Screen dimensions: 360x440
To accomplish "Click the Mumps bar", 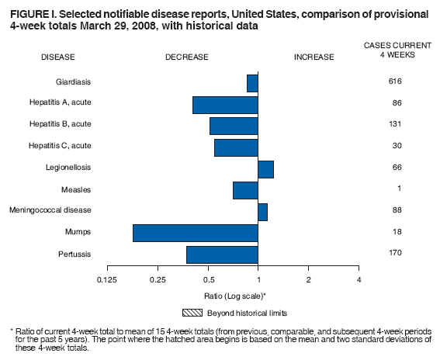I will (x=196, y=233).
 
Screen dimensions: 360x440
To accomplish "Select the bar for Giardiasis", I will (x=252, y=82).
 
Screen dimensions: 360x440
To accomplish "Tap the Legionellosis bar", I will (x=265, y=168).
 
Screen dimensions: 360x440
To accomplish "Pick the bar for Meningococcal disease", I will (x=262, y=211).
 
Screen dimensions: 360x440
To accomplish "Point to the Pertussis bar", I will (x=222, y=254).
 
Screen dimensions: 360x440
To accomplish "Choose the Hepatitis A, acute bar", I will (x=225, y=104).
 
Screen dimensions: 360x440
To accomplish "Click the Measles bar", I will (x=245, y=190).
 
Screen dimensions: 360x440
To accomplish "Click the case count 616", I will (x=396, y=81).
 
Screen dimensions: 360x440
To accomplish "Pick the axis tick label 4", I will (x=359, y=279).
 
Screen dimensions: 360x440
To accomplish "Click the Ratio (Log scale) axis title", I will (x=234, y=296).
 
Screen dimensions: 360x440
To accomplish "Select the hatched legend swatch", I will (x=192, y=313).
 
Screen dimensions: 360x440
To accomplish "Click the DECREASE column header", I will (x=187, y=57).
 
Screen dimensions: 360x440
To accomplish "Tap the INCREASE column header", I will (x=314, y=57).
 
